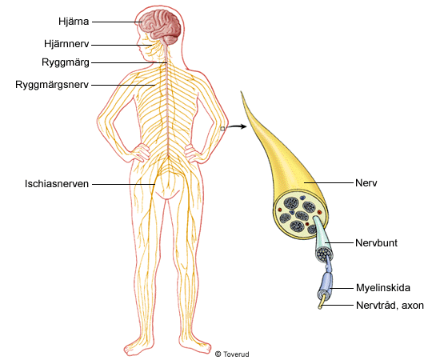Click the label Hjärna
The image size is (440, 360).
(74, 22)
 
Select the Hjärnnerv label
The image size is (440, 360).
(66, 44)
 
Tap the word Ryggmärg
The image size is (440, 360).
(66, 62)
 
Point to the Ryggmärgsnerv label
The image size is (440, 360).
(52, 85)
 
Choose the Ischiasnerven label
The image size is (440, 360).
(57, 184)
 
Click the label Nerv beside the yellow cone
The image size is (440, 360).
(366, 183)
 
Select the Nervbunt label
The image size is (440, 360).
(376, 242)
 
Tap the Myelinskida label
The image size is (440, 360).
(383, 288)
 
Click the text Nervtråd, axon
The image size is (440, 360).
(390, 306)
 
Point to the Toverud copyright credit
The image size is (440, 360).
(232, 354)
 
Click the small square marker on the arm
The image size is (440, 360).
(222, 129)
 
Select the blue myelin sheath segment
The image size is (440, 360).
(325, 285)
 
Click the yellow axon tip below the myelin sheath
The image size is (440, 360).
(322, 302)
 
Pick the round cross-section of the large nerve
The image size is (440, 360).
(300, 214)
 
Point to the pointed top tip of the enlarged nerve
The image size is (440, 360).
(242, 92)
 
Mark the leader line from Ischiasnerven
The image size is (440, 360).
(124, 184)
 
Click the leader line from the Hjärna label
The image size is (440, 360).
(117, 22)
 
